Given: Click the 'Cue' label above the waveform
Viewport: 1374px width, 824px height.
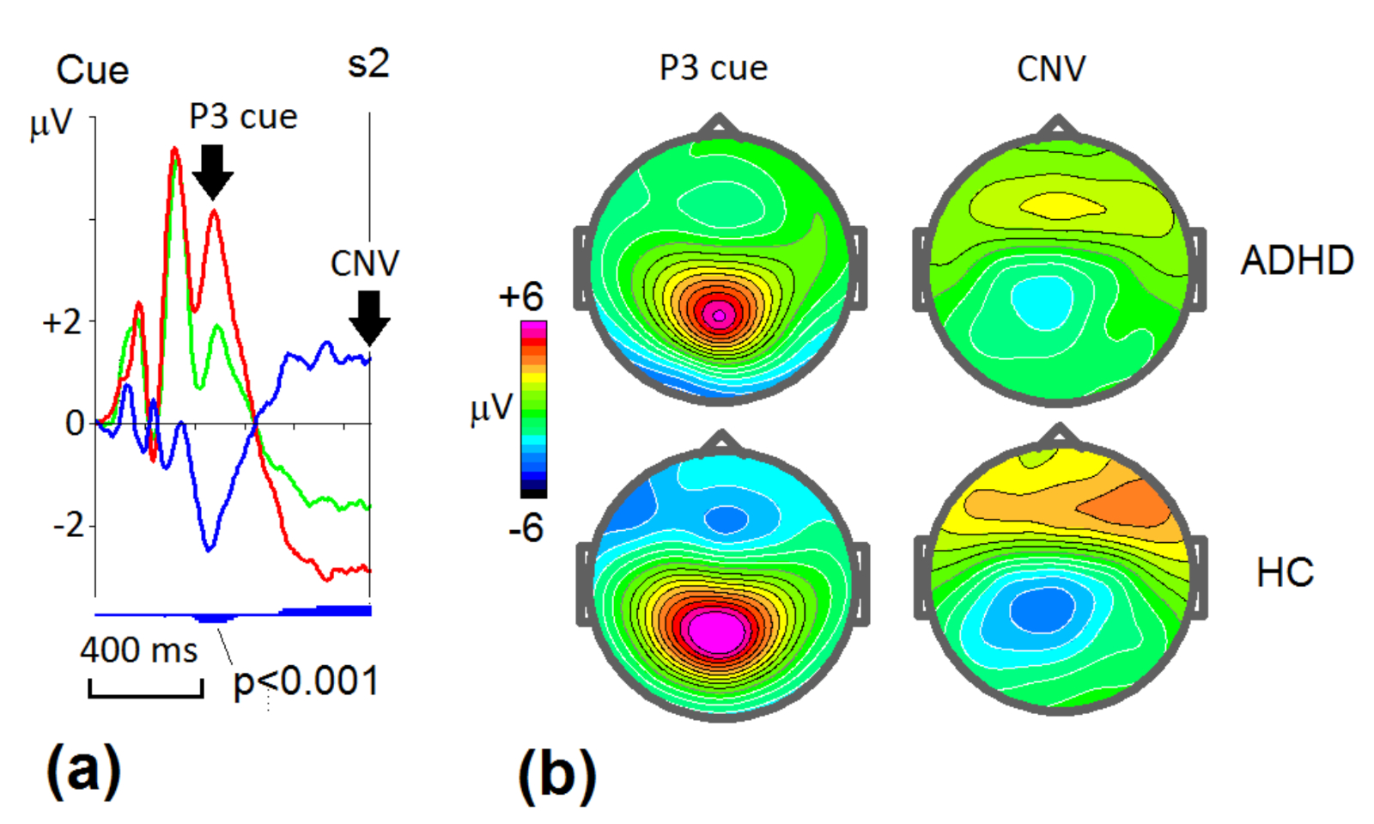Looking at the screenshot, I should coord(93,70).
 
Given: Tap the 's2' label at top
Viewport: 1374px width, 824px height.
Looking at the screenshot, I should coord(368,64).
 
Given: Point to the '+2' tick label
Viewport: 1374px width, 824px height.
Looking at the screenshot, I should coord(62,323).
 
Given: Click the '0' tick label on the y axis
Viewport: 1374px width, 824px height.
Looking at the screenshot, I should coord(76,424).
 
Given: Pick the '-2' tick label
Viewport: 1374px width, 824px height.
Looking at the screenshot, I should coord(68,524).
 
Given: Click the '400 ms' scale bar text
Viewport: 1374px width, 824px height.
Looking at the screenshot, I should coord(138,650).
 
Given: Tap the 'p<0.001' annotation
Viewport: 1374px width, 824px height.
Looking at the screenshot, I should coord(306,682).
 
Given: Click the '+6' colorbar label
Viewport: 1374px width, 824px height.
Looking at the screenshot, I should coord(521,296).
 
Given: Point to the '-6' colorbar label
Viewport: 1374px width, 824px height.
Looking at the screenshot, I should coord(526,528).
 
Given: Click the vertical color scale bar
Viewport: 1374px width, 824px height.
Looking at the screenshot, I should coord(533,409).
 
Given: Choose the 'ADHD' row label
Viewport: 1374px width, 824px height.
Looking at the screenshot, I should coord(1297,260).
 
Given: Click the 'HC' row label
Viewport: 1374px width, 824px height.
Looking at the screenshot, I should coord(1285,573).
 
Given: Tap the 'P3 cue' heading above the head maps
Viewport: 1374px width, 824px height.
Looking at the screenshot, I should coord(713,69).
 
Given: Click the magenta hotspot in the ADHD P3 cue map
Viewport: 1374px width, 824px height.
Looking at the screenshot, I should coord(720,315).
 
